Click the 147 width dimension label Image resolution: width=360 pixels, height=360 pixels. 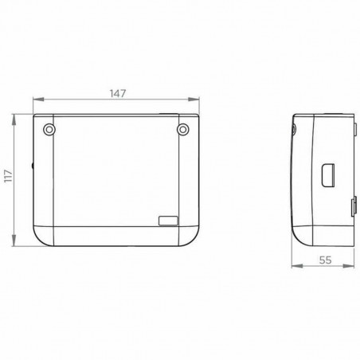point(118,93)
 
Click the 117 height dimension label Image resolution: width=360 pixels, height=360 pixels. point(9,176)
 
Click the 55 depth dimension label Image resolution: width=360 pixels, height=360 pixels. point(326,260)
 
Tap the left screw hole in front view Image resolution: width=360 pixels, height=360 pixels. point(49,130)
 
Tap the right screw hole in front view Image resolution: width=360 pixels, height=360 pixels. point(182,130)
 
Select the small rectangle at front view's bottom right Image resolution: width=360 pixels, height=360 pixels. point(168,221)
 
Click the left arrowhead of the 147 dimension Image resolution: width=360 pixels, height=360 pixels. point(38,100)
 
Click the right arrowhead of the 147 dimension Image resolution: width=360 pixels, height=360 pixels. point(194,100)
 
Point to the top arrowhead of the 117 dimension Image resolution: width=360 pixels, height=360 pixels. point(14,119)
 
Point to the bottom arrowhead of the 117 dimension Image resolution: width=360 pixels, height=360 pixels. point(14,241)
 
